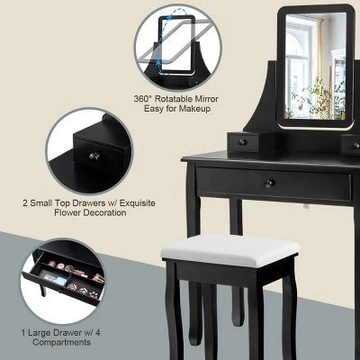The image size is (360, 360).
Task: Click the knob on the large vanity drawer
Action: click(x=269, y=184)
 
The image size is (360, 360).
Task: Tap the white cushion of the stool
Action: click(x=230, y=250)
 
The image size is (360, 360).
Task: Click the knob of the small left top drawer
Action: click(x=242, y=142)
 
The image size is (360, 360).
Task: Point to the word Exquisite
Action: click(x=138, y=203)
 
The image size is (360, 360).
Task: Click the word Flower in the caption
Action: click(x=68, y=212)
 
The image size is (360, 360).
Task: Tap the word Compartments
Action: click(x=62, y=342)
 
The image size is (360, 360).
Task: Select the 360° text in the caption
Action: click(x=141, y=99)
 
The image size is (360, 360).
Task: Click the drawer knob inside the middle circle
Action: click(x=94, y=157)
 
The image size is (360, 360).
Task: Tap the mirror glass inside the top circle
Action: click(x=176, y=44)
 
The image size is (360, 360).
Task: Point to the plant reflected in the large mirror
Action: click(x=313, y=96)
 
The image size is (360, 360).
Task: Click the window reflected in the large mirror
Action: click(x=298, y=65)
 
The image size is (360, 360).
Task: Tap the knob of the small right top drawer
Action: click(x=356, y=146)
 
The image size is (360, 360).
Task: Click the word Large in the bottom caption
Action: click(x=40, y=333)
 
